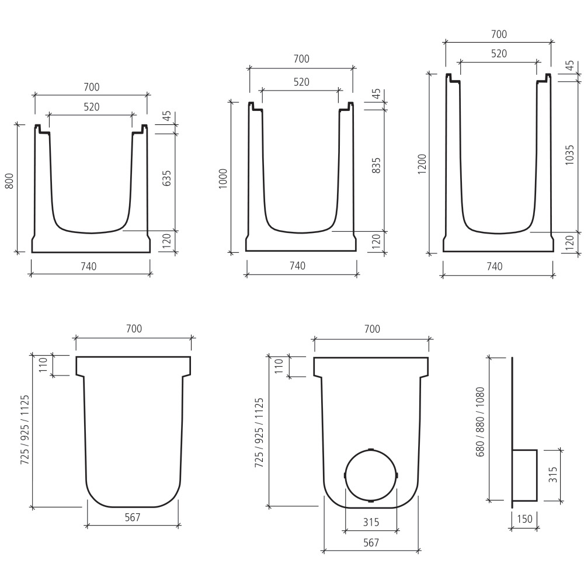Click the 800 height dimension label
(9, 182)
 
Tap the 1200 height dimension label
(422, 165)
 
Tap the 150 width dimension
(523, 519)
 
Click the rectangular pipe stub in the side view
(524, 475)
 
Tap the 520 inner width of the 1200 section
(498, 53)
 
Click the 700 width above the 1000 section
(301, 58)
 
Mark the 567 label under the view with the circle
(371, 543)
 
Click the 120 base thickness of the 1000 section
(376, 240)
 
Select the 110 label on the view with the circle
(279, 366)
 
